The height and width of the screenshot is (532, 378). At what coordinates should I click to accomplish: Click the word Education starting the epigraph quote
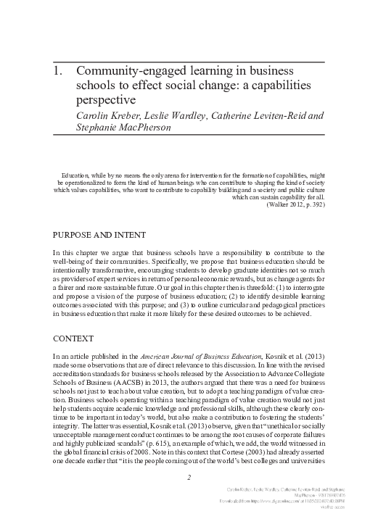pos(75,175)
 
